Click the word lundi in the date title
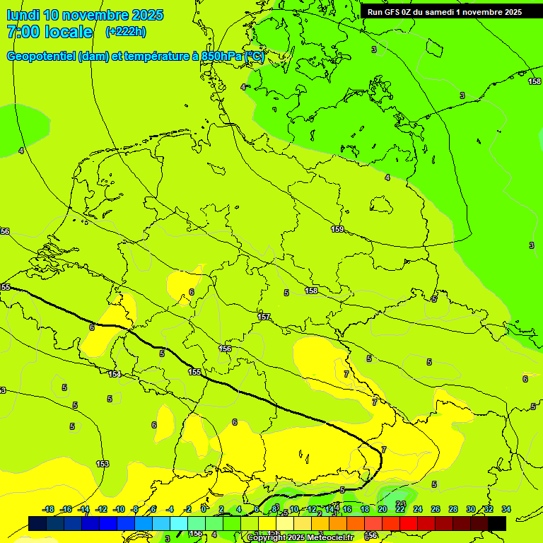(x=23, y=15)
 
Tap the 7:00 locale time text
(x=49, y=32)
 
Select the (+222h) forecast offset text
(x=126, y=32)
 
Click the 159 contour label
(x=337, y=229)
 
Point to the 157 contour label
(x=264, y=317)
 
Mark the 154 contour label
(x=114, y=374)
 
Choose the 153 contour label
(x=103, y=464)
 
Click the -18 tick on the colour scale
(x=48, y=510)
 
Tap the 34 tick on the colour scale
(x=506, y=510)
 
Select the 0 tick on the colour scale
(x=204, y=510)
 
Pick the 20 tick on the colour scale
(x=383, y=510)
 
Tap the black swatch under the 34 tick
(x=497, y=523)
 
